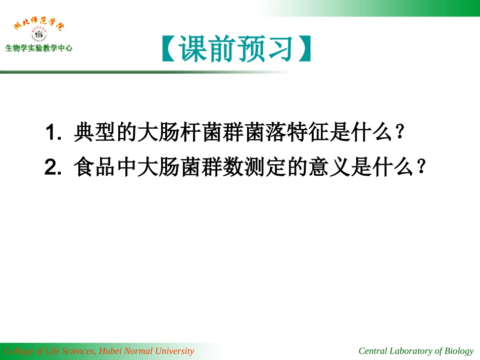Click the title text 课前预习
[237, 49]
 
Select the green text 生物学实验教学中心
[39, 48]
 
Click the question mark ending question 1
[400, 133]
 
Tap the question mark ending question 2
[422, 167]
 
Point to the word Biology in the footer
[459, 351]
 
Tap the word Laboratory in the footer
[410, 351]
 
